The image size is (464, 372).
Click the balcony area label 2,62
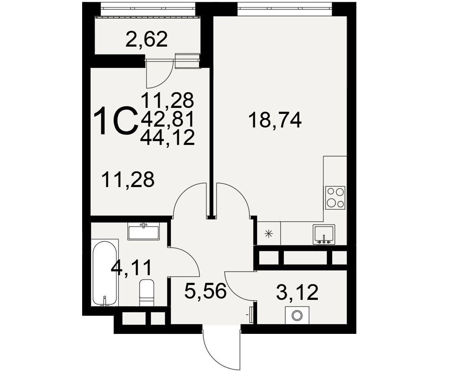click(x=147, y=40)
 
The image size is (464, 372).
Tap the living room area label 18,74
click(x=275, y=120)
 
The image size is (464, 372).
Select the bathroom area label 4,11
click(x=131, y=268)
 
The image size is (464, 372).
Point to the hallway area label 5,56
click(x=205, y=291)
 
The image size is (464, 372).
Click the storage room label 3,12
click(x=297, y=292)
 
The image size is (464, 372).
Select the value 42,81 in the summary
click(x=168, y=120)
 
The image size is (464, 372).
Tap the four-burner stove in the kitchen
click(x=335, y=198)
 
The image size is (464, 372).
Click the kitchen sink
click(x=324, y=234)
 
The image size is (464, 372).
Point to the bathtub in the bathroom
click(x=104, y=273)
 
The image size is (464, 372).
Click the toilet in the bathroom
click(x=147, y=292)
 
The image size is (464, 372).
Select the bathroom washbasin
click(x=143, y=231)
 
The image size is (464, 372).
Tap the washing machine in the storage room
click(x=297, y=315)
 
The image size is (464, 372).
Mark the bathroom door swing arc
click(x=190, y=256)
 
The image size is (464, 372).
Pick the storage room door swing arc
click(x=234, y=291)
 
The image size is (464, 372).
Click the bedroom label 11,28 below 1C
click(x=128, y=179)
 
